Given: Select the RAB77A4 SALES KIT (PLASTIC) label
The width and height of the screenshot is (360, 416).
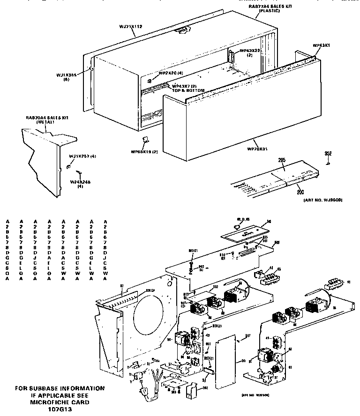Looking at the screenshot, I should pyautogui.click(x=269, y=7).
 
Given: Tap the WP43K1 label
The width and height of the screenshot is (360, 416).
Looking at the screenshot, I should pyautogui.click(x=322, y=45).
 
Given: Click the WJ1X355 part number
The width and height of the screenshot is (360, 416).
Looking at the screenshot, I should pyautogui.click(x=66, y=74).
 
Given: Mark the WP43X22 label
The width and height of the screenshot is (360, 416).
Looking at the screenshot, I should pyautogui.click(x=250, y=50).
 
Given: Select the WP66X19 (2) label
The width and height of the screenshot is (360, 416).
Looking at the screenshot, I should pyautogui.click(x=145, y=151).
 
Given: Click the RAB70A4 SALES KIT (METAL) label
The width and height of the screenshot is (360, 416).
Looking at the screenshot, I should pyautogui.click(x=47, y=120).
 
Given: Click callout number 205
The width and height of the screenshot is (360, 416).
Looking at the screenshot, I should pyautogui.click(x=282, y=160).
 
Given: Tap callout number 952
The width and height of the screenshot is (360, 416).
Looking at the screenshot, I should pyautogui.click(x=329, y=153).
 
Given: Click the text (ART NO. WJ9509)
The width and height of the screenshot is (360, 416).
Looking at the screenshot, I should pyautogui.click(x=320, y=200).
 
